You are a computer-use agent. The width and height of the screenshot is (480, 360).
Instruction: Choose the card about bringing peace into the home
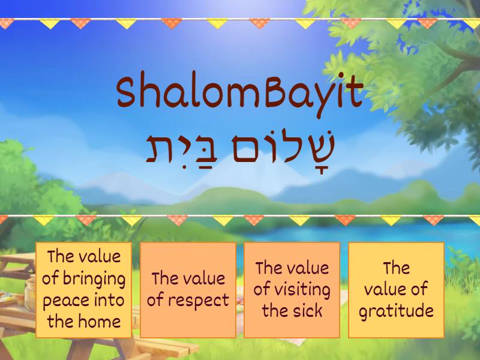click(83, 289)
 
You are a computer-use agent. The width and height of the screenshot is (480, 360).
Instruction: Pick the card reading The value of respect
click(188, 289)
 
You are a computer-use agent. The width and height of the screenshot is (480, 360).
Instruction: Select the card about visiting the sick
click(292, 289)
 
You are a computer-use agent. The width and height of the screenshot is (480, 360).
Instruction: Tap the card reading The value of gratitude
click(396, 289)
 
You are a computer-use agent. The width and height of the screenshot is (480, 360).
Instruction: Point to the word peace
click(64, 299)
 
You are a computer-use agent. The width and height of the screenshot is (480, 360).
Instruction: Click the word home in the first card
click(100, 320)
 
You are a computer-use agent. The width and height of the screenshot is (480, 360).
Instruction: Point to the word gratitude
click(395, 310)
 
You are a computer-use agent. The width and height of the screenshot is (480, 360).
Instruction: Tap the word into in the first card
click(109, 299)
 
